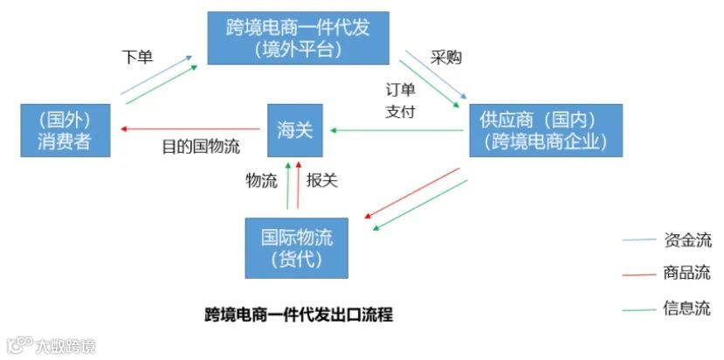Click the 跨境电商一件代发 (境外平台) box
(298, 38)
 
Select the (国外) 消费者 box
(66, 130)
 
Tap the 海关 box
(294, 131)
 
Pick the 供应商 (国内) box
(546, 130)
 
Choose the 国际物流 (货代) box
(297, 247)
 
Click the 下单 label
(137, 57)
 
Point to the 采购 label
(446, 58)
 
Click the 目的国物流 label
(201, 146)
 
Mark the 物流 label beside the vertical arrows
(261, 181)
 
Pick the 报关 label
(322, 181)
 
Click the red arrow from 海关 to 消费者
(192, 130)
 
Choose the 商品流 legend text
(687, 273)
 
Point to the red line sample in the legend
(638, 274)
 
